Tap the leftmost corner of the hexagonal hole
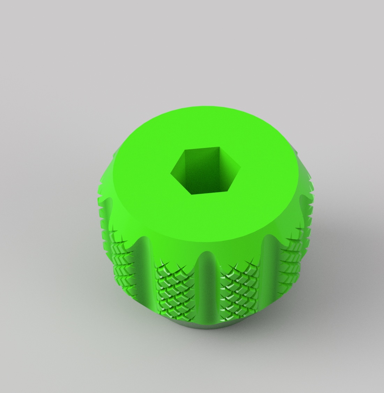click(171, 173)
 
